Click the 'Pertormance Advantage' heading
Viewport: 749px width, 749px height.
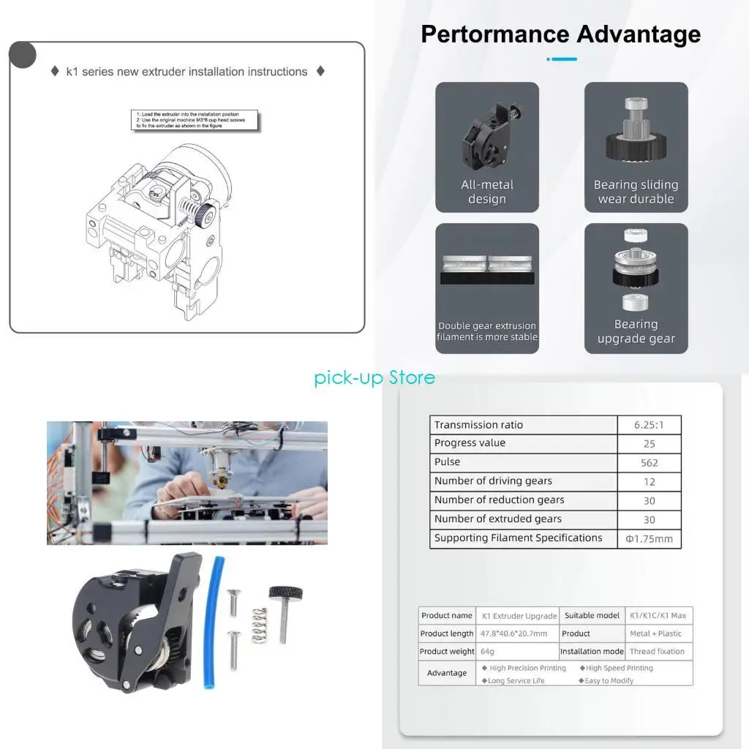tap(560, 34)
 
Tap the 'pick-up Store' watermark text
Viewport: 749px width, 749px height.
tap(374, 377)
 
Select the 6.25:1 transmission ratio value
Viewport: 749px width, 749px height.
tap(649, 425)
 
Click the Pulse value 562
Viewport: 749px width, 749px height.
tap(649, 463)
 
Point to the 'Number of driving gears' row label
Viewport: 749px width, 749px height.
tap(493, 481)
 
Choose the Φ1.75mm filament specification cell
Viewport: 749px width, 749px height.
tap(649, 539)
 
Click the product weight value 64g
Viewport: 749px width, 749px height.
tap(488, 652)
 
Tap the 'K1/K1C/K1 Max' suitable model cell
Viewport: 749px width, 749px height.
tap(657, 616)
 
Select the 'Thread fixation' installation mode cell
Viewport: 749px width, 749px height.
tap(657, 652)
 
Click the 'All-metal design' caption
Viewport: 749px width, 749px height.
tap(487, 192)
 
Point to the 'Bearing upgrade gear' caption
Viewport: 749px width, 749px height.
tap(636, 331)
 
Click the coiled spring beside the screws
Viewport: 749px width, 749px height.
tap(260, 626)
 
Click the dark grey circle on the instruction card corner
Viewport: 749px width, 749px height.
tap(23, 56)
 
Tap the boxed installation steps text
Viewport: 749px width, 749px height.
tap(196, 121)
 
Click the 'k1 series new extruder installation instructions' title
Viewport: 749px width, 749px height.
tap(187, 72)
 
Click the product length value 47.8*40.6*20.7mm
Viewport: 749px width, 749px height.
tap(513, 634)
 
